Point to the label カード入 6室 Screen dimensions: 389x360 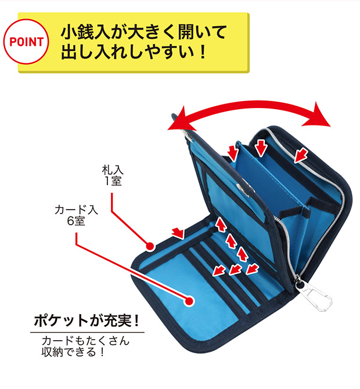coord(76,215)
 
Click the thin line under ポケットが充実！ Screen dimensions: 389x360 coord(87,332)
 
